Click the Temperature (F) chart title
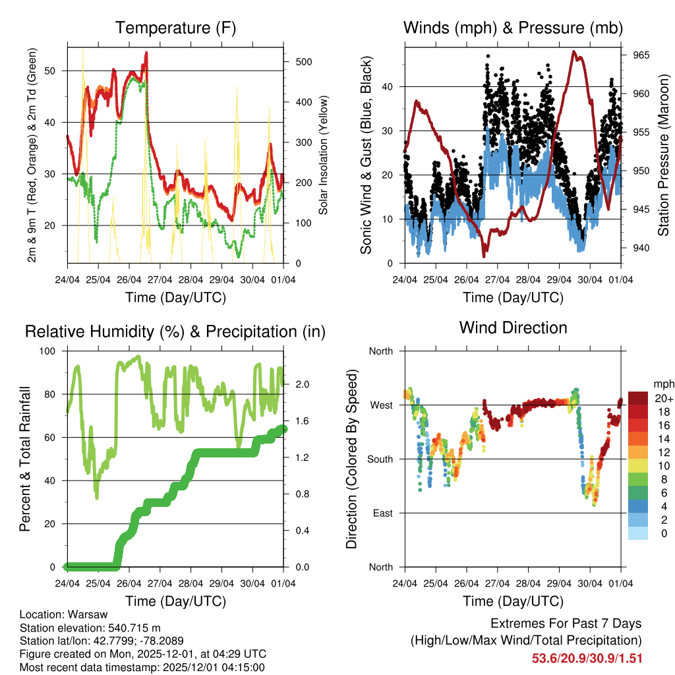tap(175, 28)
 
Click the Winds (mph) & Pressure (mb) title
tap(513, 28)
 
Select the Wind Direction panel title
tap(513, 328)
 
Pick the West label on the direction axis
tap(380, 405)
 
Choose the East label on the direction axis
tap(382, 513)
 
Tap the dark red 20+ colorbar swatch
tap(637, 398)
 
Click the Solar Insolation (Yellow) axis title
tap(324, 156)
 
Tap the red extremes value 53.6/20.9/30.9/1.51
tap(587, 658)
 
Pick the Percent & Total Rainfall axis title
tap(24, 459)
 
